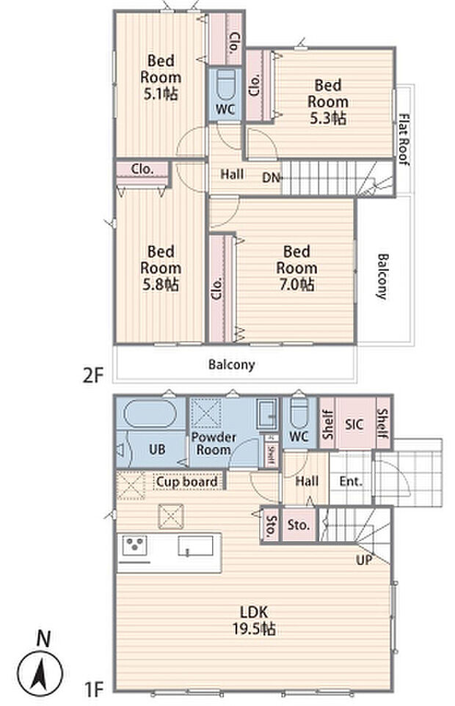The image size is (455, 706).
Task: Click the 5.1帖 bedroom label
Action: coord(161,77)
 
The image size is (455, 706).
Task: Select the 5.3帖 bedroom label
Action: coord(328,102)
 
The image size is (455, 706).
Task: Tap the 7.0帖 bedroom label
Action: coord(296,268)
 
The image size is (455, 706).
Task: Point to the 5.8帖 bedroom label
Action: coord(161,268)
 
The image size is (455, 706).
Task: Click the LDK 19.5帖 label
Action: coord(254,620)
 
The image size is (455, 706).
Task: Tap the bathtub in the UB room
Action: coord(150,414)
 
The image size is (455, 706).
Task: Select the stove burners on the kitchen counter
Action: coord(135,545)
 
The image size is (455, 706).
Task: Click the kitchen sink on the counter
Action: coord(195,545)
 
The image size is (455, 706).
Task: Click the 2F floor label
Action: coord(93,375)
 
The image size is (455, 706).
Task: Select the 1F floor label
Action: coord(95,689)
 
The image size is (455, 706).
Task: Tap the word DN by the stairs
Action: coord(272,178)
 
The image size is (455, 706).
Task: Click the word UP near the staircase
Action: coord(364,559)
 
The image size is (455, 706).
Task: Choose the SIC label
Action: coord(354,424)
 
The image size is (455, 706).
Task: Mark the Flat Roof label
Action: coord(404,139)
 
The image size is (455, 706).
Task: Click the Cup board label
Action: coord(186,482)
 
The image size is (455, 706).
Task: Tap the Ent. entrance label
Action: coord(351,482)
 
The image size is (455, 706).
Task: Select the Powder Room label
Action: coord(214,444)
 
